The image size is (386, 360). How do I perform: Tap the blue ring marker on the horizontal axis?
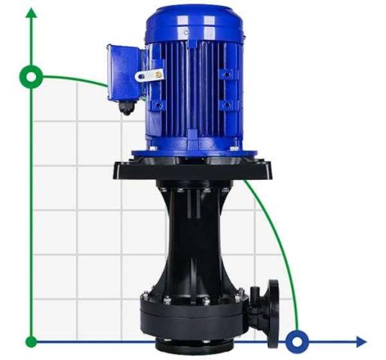click(298, 342)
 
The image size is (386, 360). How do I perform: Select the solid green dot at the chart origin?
click(32, 342)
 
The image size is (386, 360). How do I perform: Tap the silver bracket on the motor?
click(148, 75)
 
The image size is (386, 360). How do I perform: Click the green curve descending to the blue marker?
click(282, 240)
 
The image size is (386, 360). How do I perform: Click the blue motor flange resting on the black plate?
click(194, 152)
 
